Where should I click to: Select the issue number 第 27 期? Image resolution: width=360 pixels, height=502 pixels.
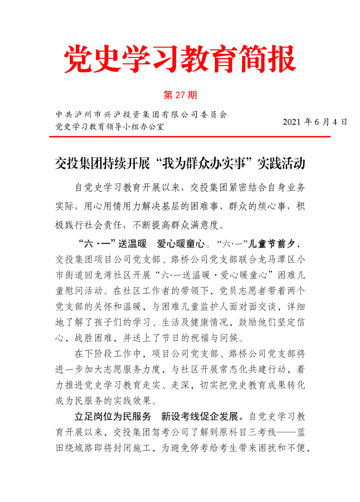(x=180, y=96)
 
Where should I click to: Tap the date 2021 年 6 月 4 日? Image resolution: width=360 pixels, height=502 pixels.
(x=315, y=122)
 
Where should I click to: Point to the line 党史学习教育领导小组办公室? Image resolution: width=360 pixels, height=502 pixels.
(x=109, y=126)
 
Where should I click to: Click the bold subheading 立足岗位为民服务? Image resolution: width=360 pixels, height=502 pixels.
(x=112, y=416)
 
